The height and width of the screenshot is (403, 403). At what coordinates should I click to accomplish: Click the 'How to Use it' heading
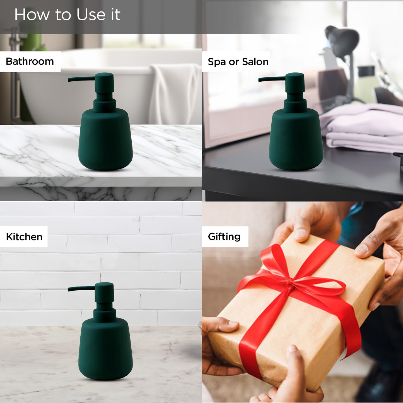tap(67, 15)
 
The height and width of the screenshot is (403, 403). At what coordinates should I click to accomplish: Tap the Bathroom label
tap(30, 61)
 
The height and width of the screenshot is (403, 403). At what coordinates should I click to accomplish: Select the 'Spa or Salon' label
tap(238, 62)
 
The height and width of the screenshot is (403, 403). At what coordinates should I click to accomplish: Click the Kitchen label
tap(24, 237)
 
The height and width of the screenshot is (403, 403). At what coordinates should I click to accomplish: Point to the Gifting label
tap(224, 237)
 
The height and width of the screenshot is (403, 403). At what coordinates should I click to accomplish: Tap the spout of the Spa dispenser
tap(272, 79)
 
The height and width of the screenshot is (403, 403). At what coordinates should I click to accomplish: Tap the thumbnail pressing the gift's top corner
tap(301, 233)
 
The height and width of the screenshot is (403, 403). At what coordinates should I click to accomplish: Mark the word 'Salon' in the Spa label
tap(255, 62)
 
